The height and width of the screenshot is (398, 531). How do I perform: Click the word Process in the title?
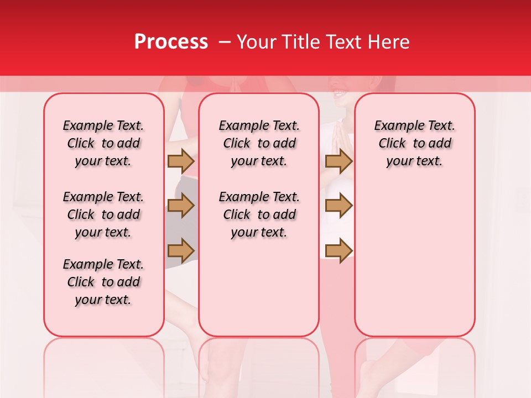point(171,42)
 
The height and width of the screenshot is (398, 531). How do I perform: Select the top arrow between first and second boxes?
point(180,161)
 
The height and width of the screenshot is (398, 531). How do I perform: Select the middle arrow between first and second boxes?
point(180,206)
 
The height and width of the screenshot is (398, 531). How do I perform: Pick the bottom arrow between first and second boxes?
point(180,250)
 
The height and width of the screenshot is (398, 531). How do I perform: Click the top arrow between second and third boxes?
point(339,161)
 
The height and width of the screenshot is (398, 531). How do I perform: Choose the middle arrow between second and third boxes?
point(339,206)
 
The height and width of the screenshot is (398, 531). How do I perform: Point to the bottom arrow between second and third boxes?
point(339,250)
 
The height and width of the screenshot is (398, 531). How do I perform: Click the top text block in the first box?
point(103,143)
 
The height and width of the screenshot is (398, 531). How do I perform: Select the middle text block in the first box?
point(103,214)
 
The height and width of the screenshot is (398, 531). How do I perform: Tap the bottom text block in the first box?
point(103,282)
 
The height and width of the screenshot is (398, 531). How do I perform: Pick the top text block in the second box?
point(259,143)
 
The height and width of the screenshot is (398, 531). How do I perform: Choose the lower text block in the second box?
point(259,214)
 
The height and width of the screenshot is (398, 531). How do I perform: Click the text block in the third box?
point(414,143)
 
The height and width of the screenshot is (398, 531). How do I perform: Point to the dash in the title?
point(225,42)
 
